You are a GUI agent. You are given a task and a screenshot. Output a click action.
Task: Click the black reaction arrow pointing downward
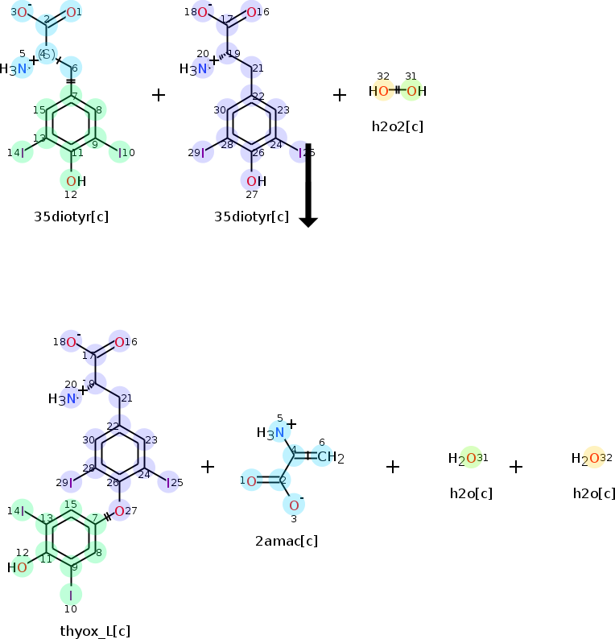[308, 185]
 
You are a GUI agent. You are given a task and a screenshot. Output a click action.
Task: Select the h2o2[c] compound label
[397, 126]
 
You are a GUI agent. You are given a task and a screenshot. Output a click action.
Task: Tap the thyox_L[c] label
[95, 630]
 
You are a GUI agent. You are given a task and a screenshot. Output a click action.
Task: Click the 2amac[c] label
[286, 540]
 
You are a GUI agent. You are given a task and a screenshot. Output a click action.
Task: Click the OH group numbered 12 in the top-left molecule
[75, 181]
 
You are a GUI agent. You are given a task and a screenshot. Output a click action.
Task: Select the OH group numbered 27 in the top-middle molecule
[255, 181]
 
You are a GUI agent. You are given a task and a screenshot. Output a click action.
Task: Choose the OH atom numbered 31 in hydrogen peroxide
[415, 91]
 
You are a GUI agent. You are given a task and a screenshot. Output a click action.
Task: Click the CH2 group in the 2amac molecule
[330, 458]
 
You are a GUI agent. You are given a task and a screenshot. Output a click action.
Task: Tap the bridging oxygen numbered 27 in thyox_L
[119, 510]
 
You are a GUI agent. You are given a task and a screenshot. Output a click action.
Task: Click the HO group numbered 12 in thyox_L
[19, 567]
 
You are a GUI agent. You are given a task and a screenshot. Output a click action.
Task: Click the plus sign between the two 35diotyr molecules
[159, 95]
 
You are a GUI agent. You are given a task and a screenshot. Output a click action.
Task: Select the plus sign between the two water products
[516, 467]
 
